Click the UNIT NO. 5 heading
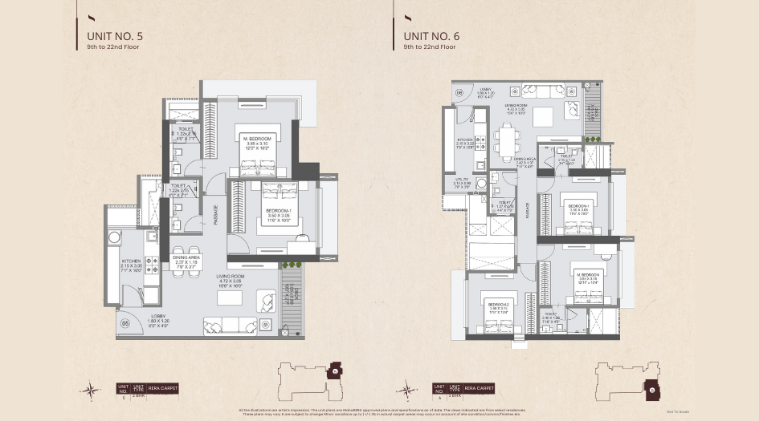click(115, 36)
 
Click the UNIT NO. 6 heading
click(431, 36)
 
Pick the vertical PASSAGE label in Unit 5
click(216, 213)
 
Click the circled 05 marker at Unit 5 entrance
click(125, 324)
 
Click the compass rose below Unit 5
click(91, 391)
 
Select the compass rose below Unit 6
click(407, 391)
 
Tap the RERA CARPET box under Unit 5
click(164, 388)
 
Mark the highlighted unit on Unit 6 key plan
click(653, 390)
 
